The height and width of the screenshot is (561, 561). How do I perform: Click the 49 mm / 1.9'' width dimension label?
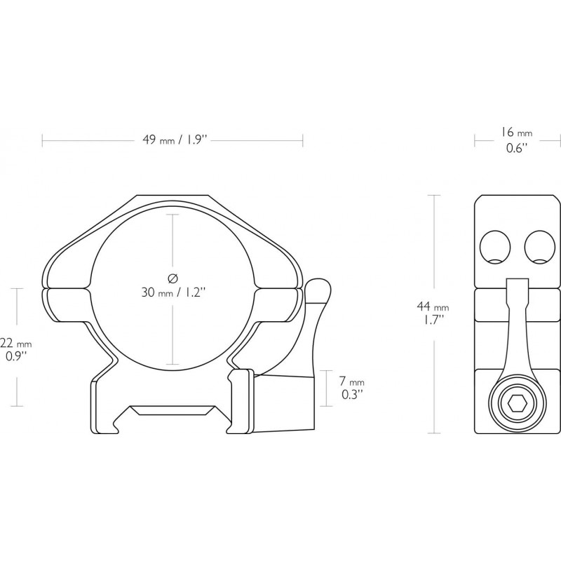tap(175, 140)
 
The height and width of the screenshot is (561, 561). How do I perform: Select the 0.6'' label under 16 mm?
tap(517, 148)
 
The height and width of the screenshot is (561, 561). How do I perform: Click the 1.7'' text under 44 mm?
tap(433, 320)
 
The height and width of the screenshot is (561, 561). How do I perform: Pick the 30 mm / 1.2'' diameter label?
tap(174, 292)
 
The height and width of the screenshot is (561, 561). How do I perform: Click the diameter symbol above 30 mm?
tap(173, 278)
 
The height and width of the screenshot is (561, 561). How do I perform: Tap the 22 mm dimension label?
tap(16, 344)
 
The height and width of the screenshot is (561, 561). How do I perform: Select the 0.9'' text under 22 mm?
tap(16, 357)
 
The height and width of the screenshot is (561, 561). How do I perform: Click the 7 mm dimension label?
tap(352, 381)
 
